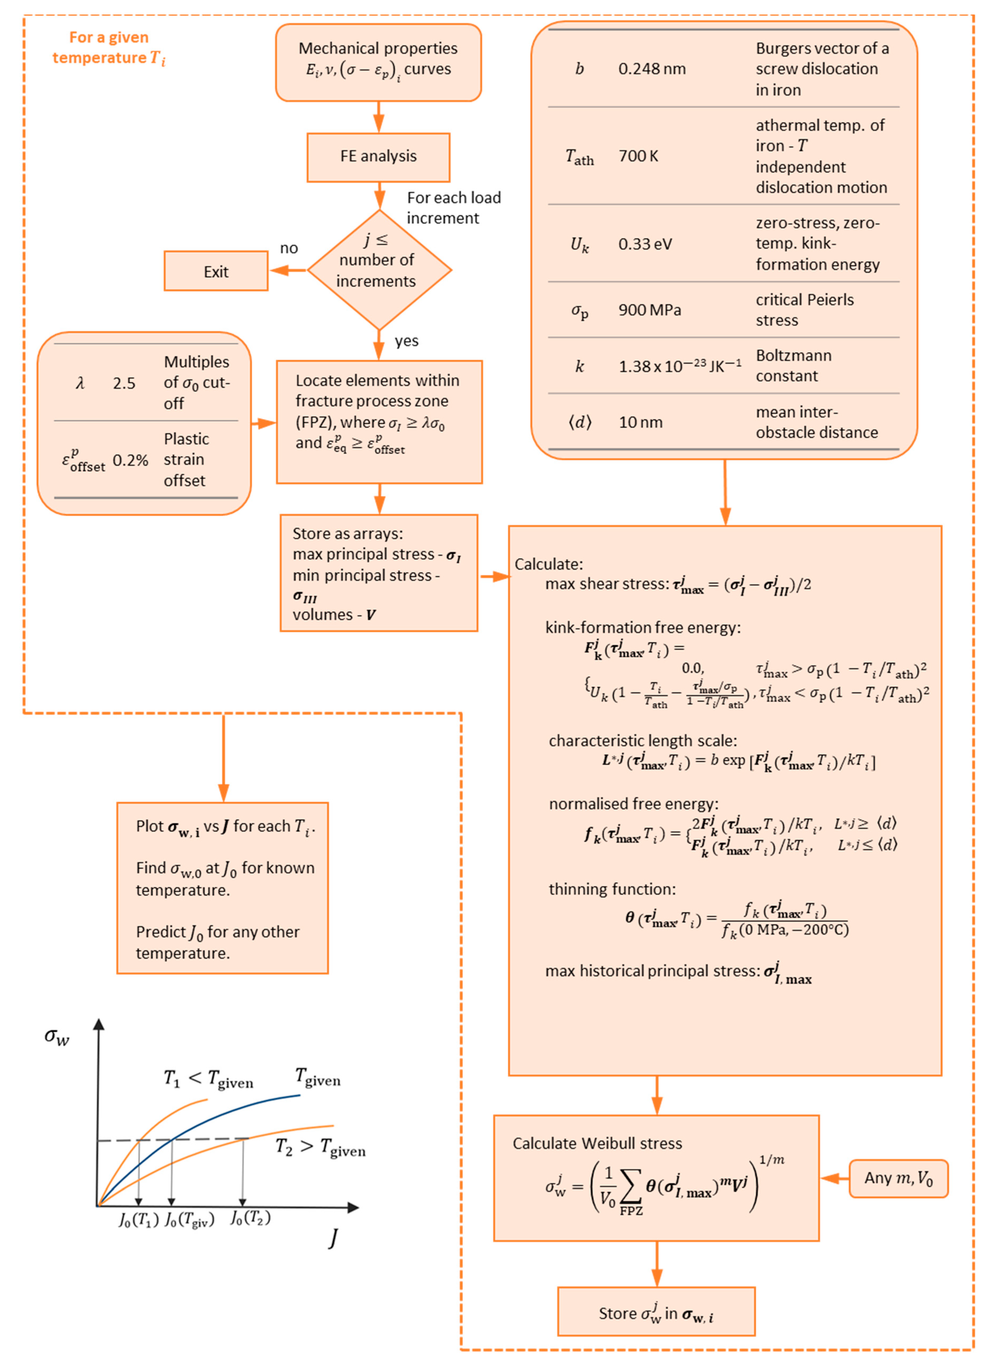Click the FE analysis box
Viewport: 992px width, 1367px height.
(378, 157)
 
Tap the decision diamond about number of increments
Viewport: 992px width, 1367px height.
(379, 269)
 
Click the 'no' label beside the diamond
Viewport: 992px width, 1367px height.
(289, 248)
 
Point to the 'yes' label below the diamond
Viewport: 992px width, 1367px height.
(407, 341)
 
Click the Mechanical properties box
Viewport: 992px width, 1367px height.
(378, 62)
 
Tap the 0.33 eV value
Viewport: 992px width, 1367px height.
(645, 244)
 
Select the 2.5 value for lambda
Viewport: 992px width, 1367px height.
(124, 383)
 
